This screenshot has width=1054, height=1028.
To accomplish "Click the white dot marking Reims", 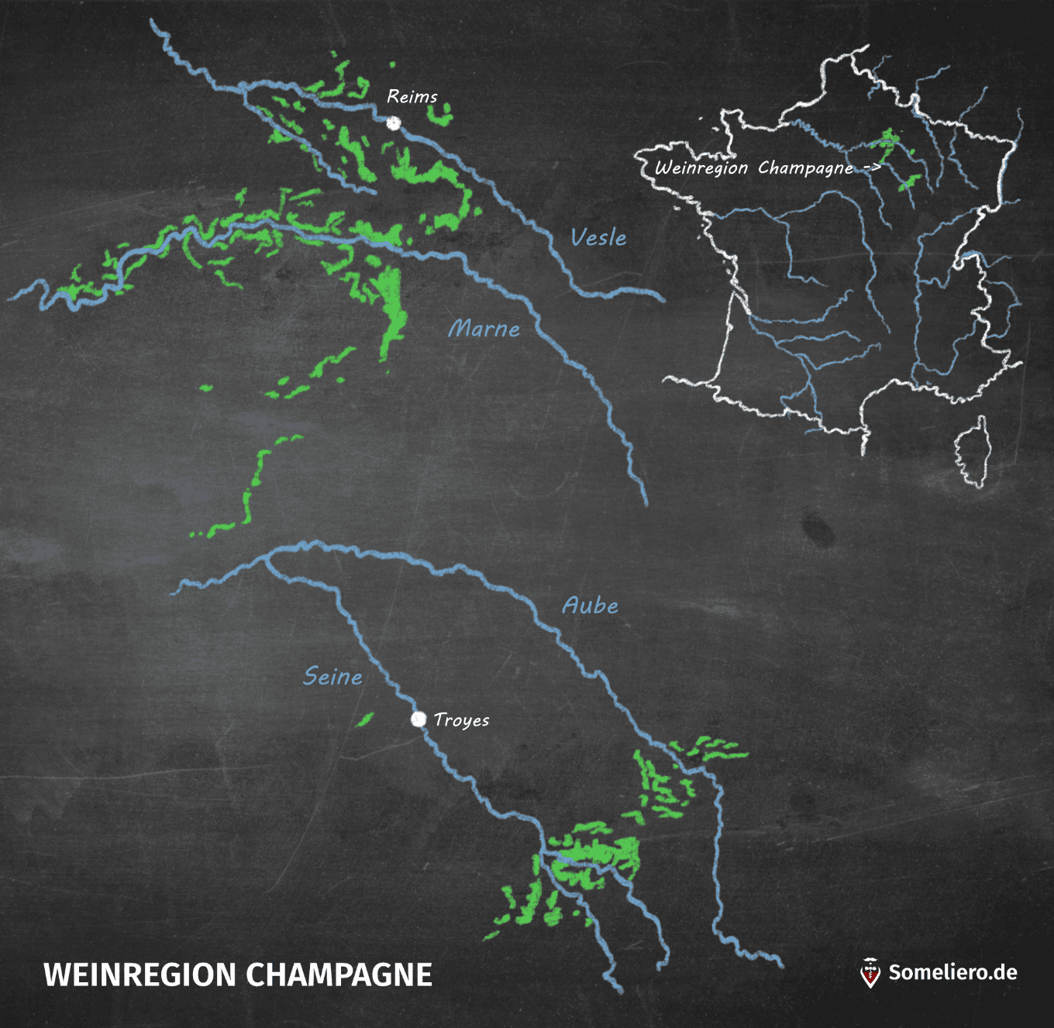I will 394,122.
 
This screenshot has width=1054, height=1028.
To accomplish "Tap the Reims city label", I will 412,97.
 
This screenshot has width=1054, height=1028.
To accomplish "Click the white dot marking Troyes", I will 418,719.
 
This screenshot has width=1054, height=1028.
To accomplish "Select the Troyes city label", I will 461,720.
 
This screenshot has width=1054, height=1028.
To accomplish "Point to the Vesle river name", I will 598,237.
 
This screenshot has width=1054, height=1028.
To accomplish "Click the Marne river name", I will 484,329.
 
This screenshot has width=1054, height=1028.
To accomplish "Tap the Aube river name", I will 591,605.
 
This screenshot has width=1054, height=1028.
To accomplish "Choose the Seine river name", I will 332,677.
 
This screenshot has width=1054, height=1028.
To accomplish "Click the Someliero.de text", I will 952,973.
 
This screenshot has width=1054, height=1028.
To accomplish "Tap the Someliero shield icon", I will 871,973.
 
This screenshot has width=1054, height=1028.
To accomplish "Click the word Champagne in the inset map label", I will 805,168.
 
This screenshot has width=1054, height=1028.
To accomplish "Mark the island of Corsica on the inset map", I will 972,453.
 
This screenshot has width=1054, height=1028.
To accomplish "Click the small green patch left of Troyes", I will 363,719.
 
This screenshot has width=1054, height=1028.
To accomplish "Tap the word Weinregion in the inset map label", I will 701,168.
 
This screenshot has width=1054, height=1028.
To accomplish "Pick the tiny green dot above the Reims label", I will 392,65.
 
